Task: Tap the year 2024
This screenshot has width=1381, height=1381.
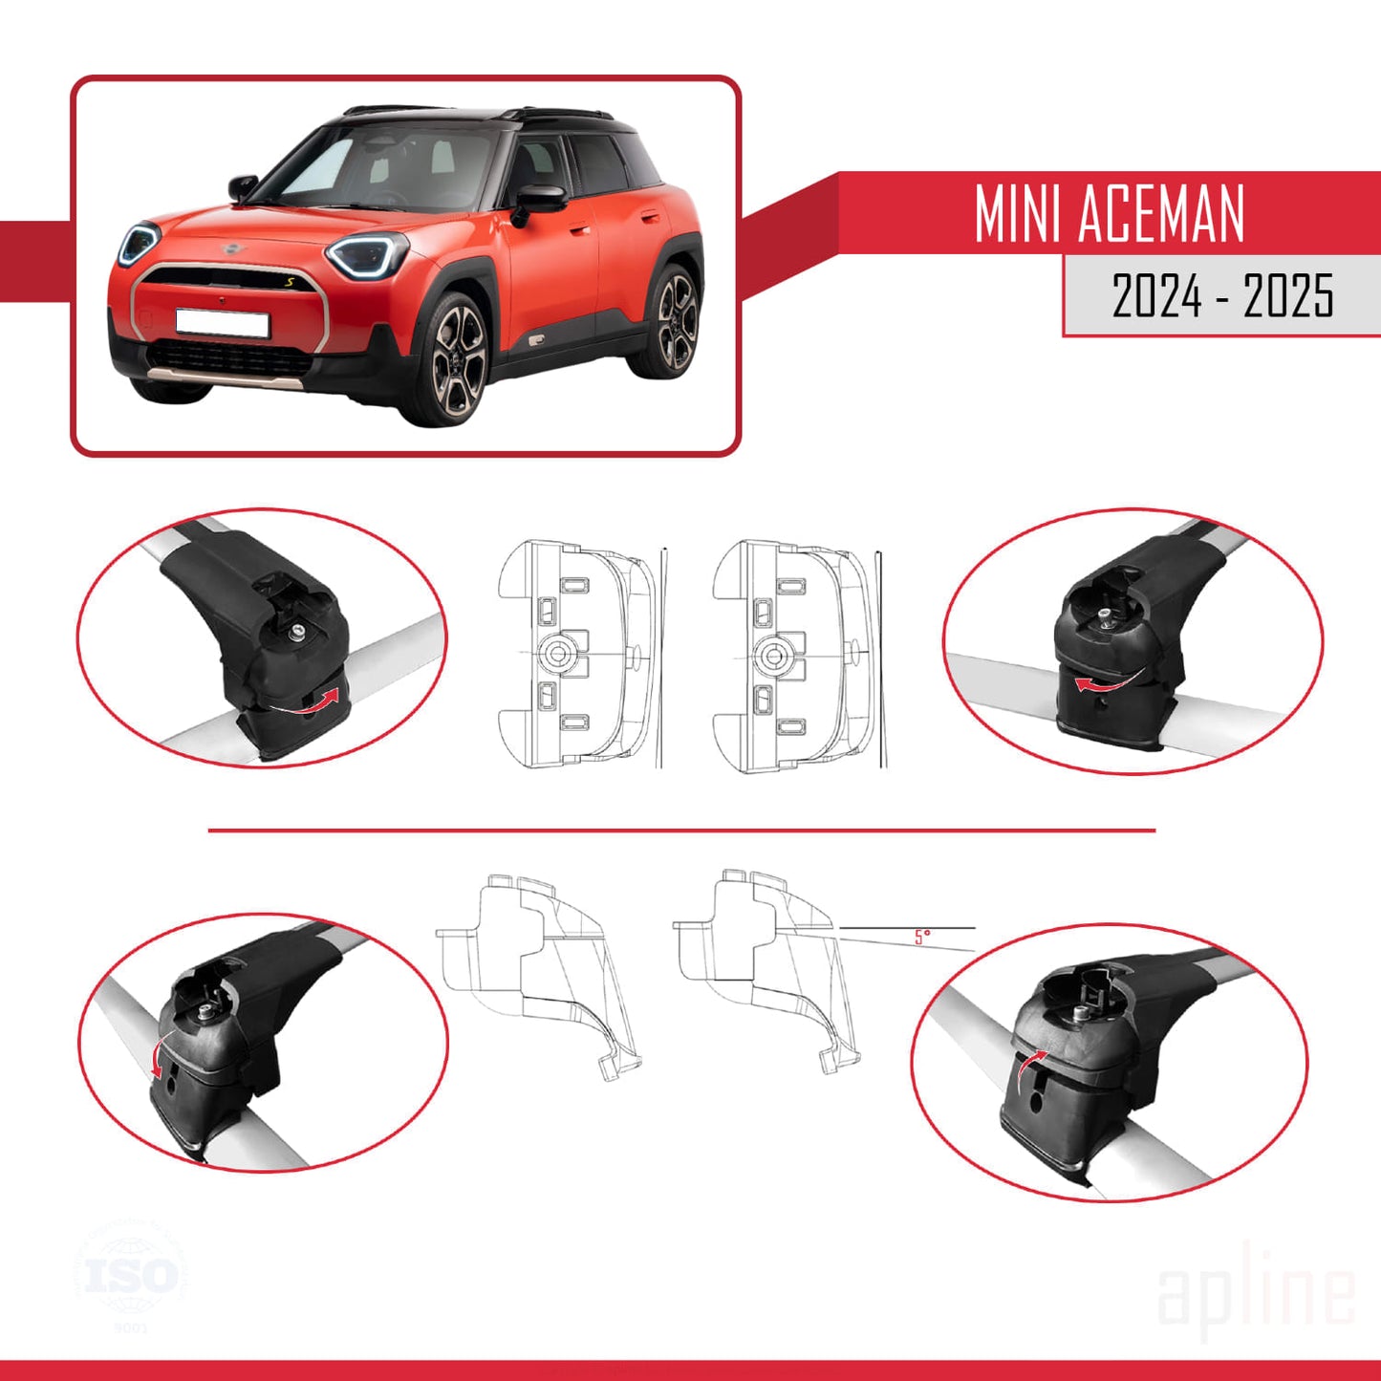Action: tap(1156, 295)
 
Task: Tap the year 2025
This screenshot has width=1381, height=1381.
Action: tap(1287, 295)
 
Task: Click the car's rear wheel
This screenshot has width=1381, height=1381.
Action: tap(676, 321)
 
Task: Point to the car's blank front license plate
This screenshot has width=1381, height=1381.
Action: tap(222, 323)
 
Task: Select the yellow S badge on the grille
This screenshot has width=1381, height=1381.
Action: tap(290, 282)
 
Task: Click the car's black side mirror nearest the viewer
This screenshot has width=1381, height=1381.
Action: tap(540, 200)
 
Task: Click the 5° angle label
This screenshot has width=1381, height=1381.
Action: tap(921, 938)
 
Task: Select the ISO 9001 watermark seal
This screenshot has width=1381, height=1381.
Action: tap(131, 1277)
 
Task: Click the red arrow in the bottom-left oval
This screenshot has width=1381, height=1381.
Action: tap(156, 1057)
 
